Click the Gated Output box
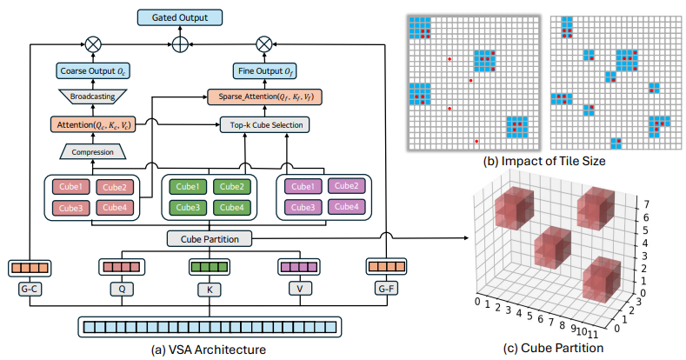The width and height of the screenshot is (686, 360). click(x=180, y=17)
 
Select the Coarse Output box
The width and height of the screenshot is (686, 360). click(x=93, y=70)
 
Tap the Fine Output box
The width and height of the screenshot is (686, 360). click(x=264, y=70)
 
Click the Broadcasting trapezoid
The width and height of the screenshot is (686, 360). click(x=92, y=97)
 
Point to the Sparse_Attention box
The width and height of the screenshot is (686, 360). click(x=264, y=97)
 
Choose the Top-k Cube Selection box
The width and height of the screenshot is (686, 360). click(x=264, y=124)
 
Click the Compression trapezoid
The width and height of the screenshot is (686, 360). click(x=92, y=152)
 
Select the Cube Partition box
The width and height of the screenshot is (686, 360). click(x=210, y=239)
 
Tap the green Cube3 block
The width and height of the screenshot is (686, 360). click(x=188, y=207)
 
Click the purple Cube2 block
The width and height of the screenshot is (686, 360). click(x=347, y=186)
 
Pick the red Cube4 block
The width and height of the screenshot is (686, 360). click(x=115, y=208)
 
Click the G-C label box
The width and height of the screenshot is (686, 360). click(x=30, y=289)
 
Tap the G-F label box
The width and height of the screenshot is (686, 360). click(x=386, y=289)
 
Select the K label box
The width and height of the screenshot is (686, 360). click(x=210, y=290)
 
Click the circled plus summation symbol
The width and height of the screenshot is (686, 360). click(x=180, y=44)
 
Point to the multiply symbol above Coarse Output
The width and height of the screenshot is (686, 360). click(x=93, y=44)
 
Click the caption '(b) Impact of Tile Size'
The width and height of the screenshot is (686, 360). click(x=543, y=161)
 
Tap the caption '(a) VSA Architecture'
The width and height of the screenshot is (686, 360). click(x=209, y=350)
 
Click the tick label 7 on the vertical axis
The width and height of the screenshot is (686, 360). click(x=647, y=203)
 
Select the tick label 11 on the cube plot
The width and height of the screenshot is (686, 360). click(x=592, y=335)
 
